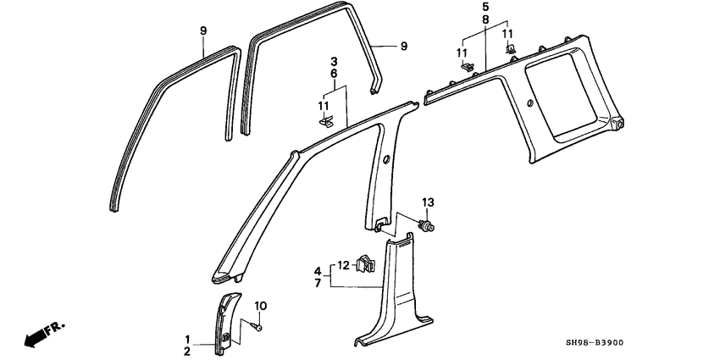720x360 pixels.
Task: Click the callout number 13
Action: pyautogui.click(x=428, y=202)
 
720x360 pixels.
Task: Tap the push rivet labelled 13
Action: pyautogui.click(x=426, y=225)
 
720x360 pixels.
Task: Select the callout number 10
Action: pyautogui.click(x=260, y=306)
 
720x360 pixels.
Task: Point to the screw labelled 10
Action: pyautogui.click(x=256, y=326)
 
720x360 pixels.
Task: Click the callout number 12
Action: pyautogui.click(x=343, y=265)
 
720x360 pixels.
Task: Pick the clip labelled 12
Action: pyautogui.click(x=366, y=265)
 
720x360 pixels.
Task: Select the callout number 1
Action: pyautogui.click(x=187, y=340)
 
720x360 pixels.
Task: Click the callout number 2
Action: pyautogui.click(x=187, y=352)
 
